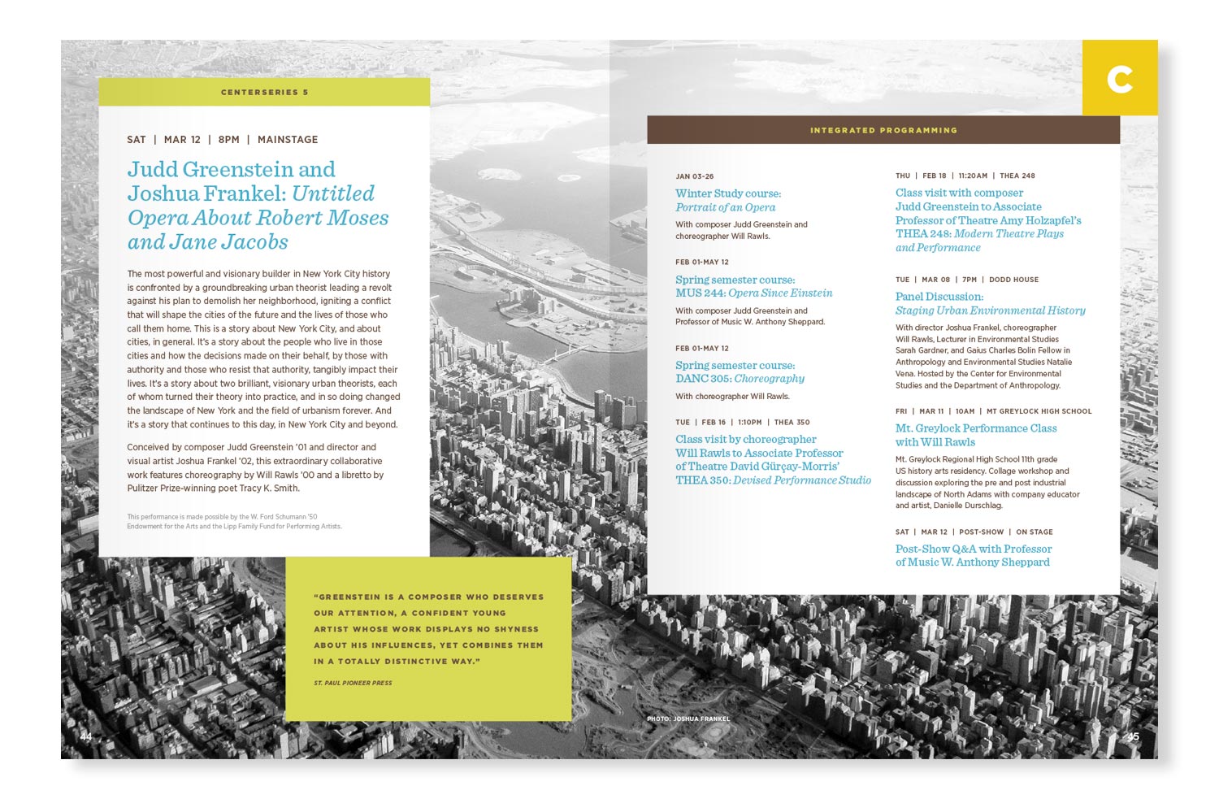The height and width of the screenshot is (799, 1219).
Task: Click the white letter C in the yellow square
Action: [x=1120, y=79]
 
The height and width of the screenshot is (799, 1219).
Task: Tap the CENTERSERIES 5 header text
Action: [x=264, y=93]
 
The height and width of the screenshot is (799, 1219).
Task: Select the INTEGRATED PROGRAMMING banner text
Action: [x=883, y=130]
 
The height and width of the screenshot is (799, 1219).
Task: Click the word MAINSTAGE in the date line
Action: [x=288, y=140]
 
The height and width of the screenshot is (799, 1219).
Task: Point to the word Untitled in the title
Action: [x=333, y=194]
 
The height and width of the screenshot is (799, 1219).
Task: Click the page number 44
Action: [x=86, y=736]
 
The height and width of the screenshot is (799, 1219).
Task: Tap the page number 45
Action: [x=1132, y=736]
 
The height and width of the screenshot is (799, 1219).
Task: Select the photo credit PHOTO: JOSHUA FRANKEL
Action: [x=688, y=719]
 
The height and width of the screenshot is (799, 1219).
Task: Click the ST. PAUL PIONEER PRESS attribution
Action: [x=353, y=683]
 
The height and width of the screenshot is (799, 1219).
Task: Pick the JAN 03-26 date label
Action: [x=694, y=176]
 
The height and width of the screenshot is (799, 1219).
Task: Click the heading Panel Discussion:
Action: [x=939, y=297]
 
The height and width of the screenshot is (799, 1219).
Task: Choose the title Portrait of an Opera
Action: [x=725, y=207]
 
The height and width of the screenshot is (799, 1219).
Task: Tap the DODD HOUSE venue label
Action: [x=1013, y=280]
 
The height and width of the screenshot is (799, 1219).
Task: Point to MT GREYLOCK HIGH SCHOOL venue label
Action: [x=1039, y=411]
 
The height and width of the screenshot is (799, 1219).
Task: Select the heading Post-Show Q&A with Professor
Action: [x=974, y=549]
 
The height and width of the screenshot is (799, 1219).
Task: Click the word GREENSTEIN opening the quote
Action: [x=349, y=597]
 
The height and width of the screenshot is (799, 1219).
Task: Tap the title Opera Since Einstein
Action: [x=780, y=293]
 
